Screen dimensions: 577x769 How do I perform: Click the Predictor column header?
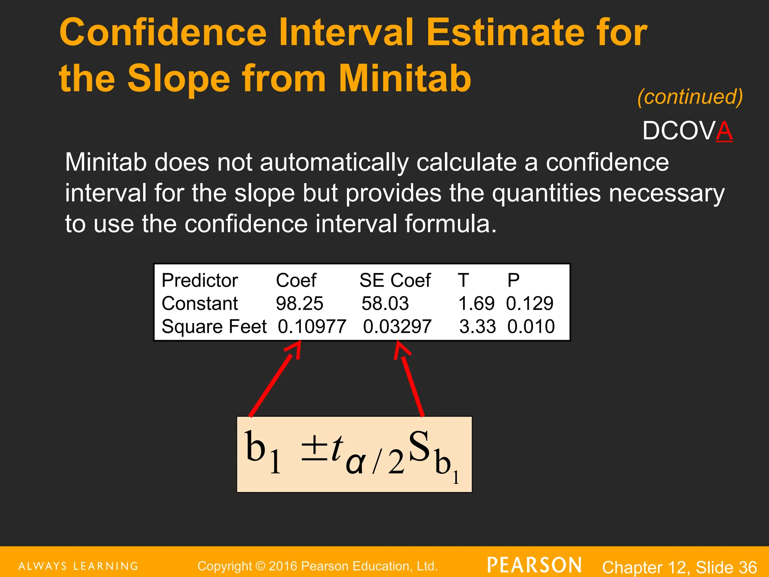click(200, 281)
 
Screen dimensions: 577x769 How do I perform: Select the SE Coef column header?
click(395, 281)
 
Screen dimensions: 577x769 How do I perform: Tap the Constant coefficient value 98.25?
click(299, 304)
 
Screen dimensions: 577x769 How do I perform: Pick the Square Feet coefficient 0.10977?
click(312, 326)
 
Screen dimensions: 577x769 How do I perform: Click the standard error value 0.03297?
click(397, 326)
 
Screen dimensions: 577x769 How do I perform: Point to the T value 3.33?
click(477, 326)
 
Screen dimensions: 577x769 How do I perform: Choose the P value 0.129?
click(529, 304)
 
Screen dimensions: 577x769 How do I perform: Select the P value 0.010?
click(531, 326)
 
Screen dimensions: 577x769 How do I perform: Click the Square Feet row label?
click(214, 326)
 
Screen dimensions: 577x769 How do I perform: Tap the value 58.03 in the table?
click(385, 304)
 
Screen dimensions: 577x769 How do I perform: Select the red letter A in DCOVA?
click(724, 131)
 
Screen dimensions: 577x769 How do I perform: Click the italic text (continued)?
click(690, 97)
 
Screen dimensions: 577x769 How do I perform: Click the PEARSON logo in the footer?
click(534, 565)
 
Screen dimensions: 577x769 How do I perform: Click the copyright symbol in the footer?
click(260, 566)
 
